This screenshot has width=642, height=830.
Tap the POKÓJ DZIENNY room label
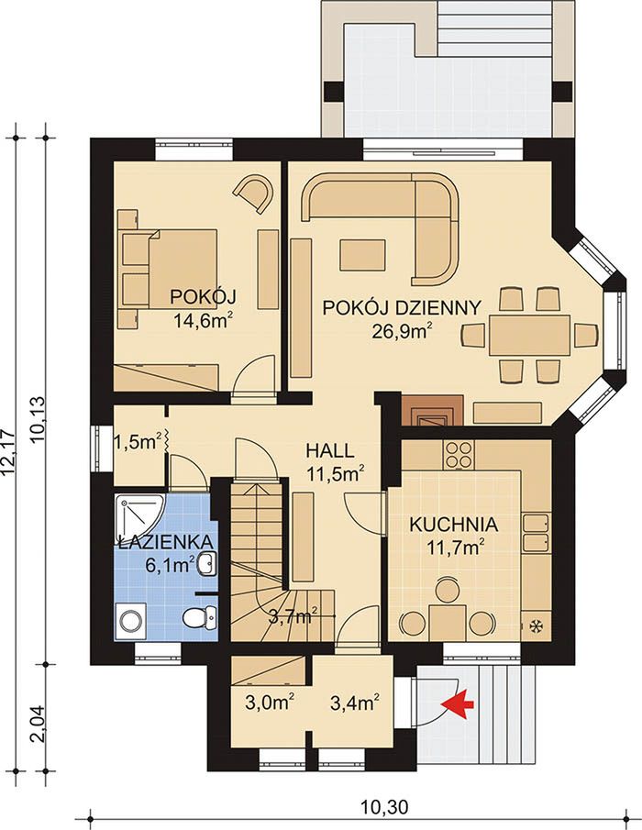click(402, 307)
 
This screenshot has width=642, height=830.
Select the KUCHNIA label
click(454, 525)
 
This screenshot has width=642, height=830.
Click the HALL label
click(330, 450)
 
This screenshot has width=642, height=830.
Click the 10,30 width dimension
click(385, 807)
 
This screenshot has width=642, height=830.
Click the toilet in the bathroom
click(200, 616)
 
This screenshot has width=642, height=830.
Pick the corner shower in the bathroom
click(136, 515)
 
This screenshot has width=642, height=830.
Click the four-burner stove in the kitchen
click(459, 455)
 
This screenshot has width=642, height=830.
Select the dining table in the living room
click(530, 335)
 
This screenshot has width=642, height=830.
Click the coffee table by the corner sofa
click(362, 255)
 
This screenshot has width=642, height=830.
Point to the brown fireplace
click(432, 410)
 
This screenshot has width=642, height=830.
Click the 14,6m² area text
click(204, 321)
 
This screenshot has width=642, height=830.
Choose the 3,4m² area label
click(355, 703)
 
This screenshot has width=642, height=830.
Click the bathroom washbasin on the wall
click(207, 563)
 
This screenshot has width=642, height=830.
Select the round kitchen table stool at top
click(448, 590)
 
